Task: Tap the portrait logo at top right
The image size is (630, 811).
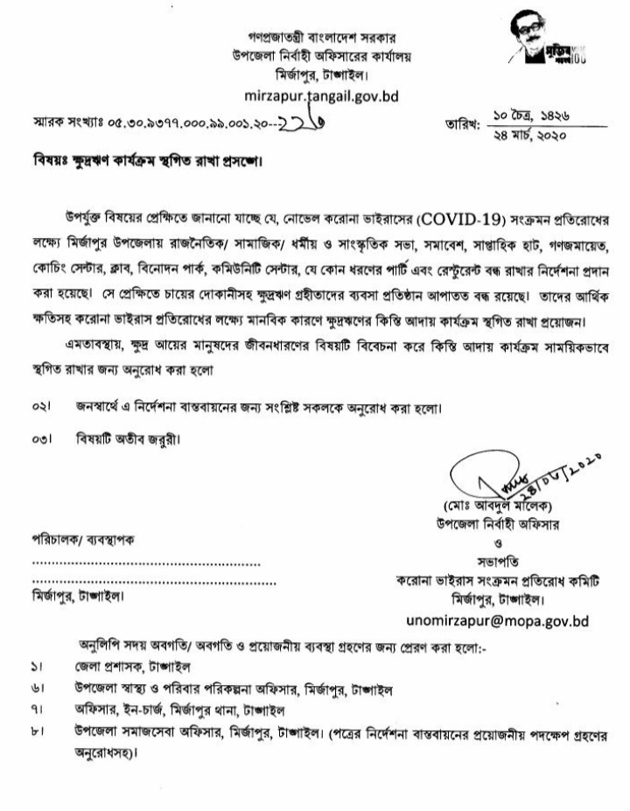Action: pyautogui.click(x=535, y=44)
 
